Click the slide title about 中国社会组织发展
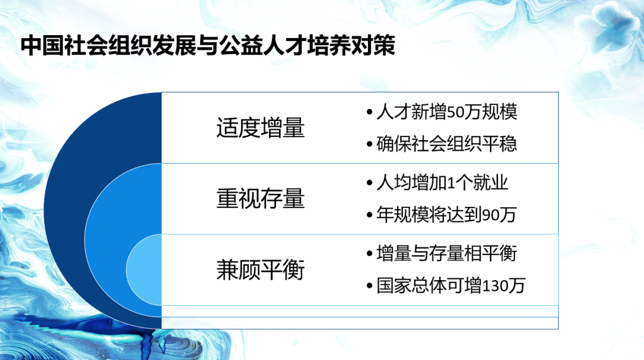pyautogui.click(x=208, y=46)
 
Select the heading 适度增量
pyautogui.click(x=260, y=128)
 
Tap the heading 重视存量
pyautogui.click(x=260, y=199)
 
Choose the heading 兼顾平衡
pyautogui.click(x=260, y=270)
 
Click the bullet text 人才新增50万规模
pyautogui.click(x=446, y=112)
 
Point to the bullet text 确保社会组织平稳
pyautogui.click(x=446, y=144)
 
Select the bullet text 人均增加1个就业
pyautogui.click(x=442, y=182)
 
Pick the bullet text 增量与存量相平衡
pyautogui.click(x=446, y=253)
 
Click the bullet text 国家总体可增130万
pyautogui.click(x=450, y=286)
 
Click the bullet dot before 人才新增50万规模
pyautogui.click(x=370, y=113)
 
